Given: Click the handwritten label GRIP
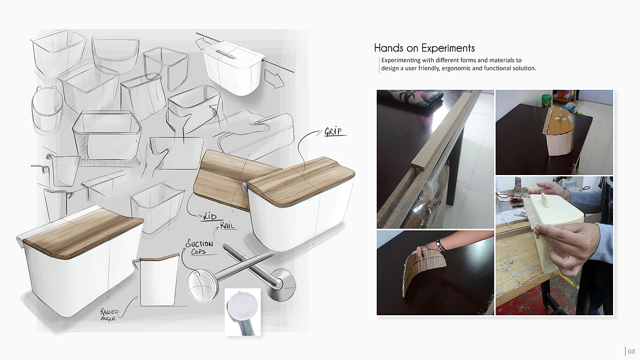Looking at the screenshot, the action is pos(333,131).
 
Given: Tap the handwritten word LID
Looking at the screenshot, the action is pos(210,217).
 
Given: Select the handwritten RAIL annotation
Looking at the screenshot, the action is pos(228,226).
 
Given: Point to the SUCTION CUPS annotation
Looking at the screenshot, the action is pos(199,247).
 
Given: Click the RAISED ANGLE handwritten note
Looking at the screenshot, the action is pos(109,314).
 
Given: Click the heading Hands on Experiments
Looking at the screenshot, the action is pos(424,48).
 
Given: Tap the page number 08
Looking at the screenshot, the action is pos(631,351).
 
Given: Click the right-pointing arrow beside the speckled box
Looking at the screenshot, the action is pos(274,79).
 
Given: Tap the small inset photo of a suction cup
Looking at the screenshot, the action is pos(243,312).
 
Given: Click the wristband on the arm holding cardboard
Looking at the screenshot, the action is pos(440,246).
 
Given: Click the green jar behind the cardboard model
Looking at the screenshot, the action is pos(547,101).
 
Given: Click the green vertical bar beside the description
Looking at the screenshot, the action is pos(379,65).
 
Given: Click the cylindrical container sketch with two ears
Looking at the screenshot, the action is pos(47,110).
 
